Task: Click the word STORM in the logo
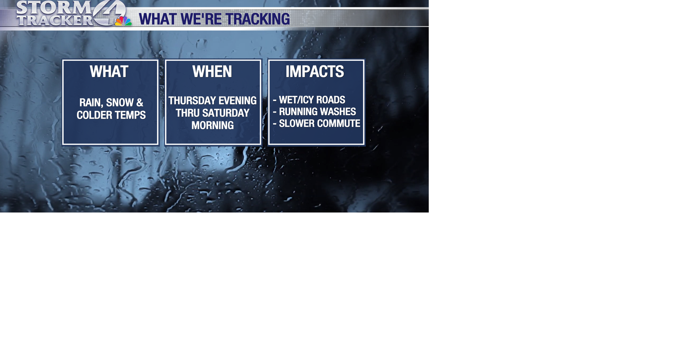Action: point(54,7)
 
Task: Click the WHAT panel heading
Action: point(109,72)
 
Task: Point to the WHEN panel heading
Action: point(212,72)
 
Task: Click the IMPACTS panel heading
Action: point(315,72)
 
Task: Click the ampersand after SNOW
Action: point(140,103)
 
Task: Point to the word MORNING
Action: point(213,126)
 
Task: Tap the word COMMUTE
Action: point(337,124)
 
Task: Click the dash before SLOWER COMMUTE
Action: point(275,124)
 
